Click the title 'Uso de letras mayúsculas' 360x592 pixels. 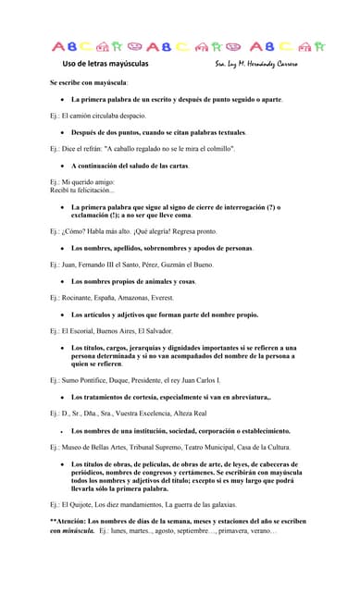[x=105, y=64]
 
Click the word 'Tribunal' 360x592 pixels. [x=143, y=447]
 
